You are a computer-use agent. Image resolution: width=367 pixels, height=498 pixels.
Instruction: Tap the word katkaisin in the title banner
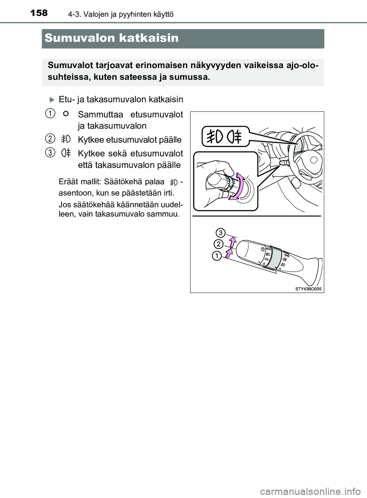pos(149,38)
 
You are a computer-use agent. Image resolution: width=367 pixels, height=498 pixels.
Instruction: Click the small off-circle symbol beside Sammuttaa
pos(66,113)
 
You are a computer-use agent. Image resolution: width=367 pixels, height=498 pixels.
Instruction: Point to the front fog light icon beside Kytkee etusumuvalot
pos(66,139)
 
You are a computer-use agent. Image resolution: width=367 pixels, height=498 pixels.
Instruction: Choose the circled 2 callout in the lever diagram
pos(218,244)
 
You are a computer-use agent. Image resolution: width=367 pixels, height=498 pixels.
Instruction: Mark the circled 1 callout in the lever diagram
pos(217,256)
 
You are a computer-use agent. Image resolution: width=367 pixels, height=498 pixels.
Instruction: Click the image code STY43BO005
pos(309,289)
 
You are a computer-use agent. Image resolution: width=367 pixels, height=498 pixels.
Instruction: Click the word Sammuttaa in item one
pos(100,114)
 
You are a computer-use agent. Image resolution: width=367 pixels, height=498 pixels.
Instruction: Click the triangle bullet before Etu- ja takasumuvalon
pos(52,100)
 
